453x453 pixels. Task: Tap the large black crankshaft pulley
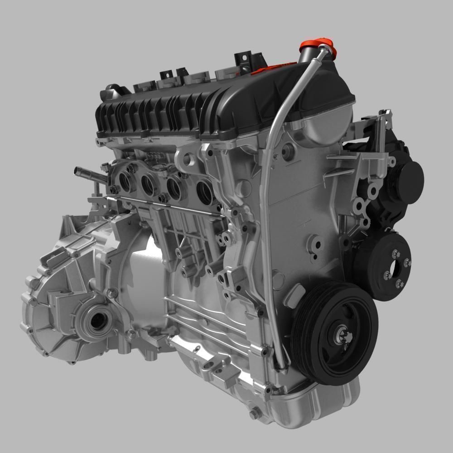(335, 333)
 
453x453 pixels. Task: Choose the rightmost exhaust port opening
(206, 192)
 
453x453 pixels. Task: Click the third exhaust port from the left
(174, 188)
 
